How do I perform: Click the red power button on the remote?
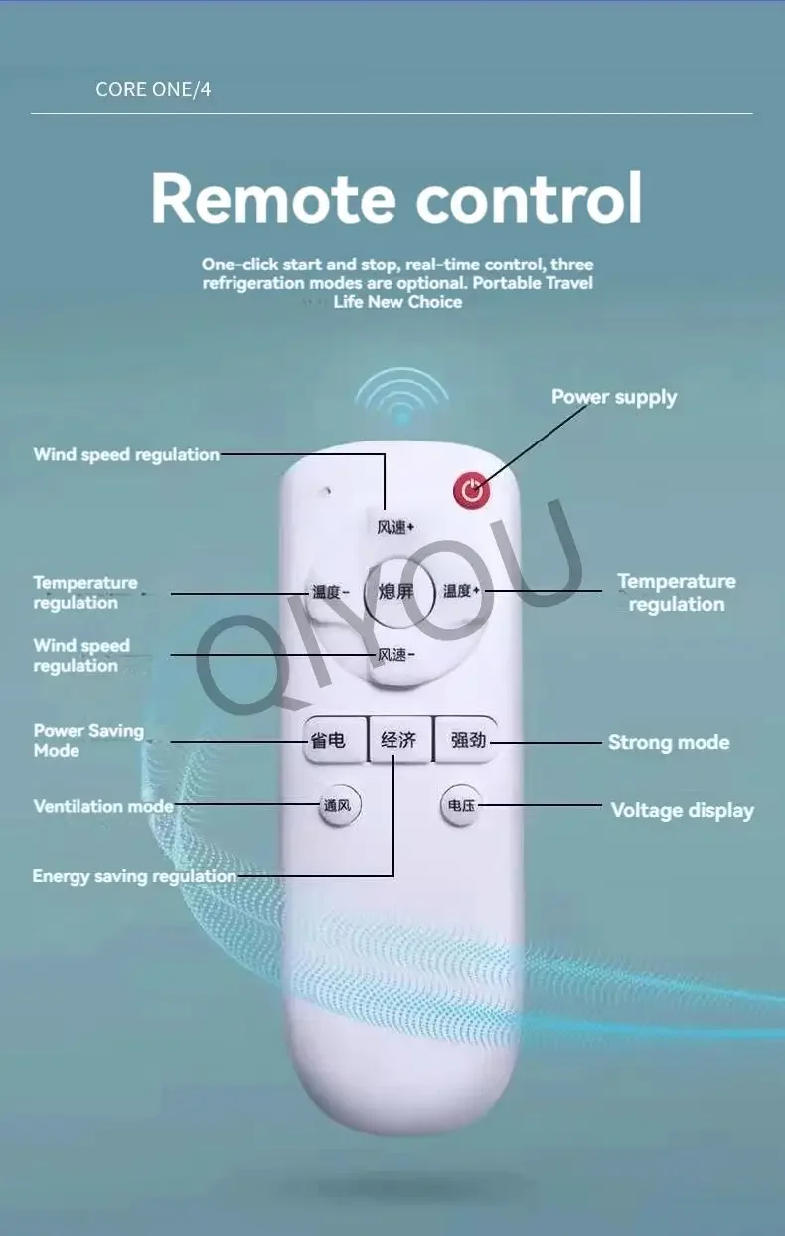[472, 490]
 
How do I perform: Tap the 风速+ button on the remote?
[394, 527]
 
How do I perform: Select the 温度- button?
[330, 592]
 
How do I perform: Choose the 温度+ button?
[462, 591]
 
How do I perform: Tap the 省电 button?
[335, 740]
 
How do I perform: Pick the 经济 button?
[399, 740]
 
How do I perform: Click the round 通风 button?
[339, 806]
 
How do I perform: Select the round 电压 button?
[461, 806]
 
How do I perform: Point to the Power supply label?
[614, 398]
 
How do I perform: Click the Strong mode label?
[669, 742]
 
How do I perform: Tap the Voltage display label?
[683, 811]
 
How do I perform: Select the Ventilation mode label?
[103, 806]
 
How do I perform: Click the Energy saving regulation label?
[134, 876]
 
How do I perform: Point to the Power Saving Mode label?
[88, 741]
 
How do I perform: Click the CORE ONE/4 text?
[153, 89]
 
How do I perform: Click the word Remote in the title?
[273, 198]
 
